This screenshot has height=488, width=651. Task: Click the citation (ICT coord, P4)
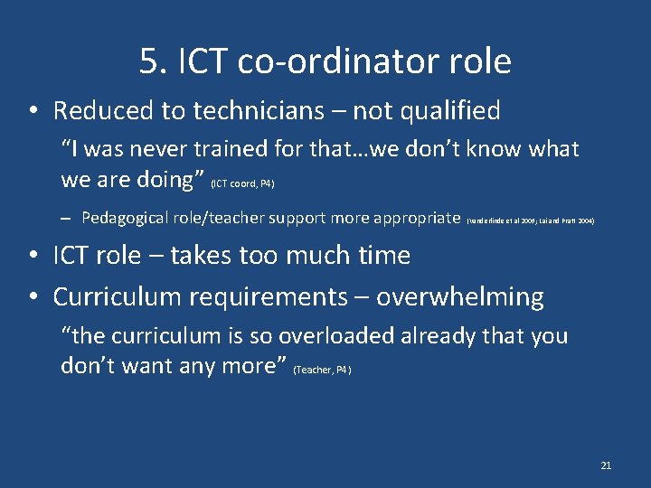242,184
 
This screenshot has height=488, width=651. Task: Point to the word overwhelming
460,296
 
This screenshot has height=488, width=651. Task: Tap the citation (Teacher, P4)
323,370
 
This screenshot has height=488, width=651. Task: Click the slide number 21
606,465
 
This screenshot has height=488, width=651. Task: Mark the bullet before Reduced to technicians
33,112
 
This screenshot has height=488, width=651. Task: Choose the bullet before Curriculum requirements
33,297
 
